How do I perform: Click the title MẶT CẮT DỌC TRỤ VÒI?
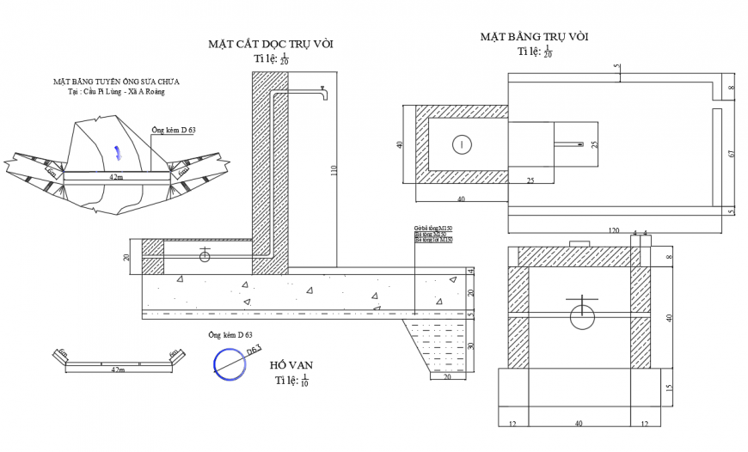point(270,44)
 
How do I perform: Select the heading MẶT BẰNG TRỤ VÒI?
point(534,37)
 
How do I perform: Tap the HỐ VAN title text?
point(291,365)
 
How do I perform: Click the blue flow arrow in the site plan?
point(118,153)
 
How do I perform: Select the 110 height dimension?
point(334,172)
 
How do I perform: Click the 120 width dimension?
point(614,231)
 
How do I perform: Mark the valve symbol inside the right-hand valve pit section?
point(582,315)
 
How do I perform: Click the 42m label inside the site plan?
point(114,176)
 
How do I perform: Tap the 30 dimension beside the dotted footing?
point(470,346)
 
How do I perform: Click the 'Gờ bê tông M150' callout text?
point(432,229)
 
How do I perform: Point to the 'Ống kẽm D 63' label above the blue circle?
point(230,335)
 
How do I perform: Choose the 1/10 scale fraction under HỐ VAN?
point(305,381)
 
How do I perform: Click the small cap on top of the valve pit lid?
point(580,244)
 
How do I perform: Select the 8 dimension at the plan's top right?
point(731,88)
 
